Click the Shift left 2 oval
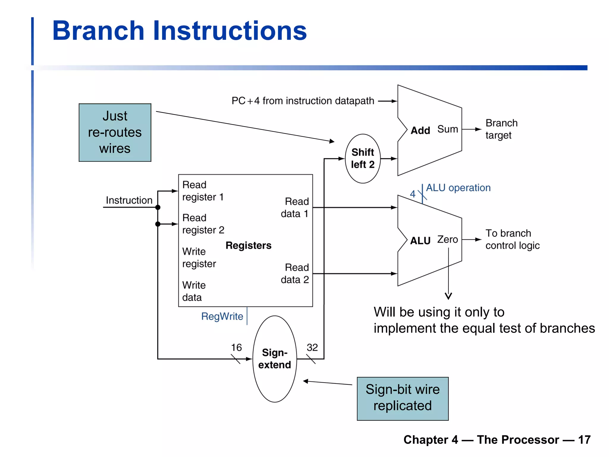click(362, 158)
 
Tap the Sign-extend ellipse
click(274, 359)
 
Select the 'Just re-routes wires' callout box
click(115, 132)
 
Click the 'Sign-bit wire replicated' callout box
click(402, 398)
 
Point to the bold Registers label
click(248, 245)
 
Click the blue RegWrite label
click(222, 316)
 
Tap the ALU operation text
click(458, 188)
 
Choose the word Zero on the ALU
click(447, 240)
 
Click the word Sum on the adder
click(447, 129)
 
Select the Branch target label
click(501, 129)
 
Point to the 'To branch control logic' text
click(512, 240)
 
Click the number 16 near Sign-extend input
click(236, 348)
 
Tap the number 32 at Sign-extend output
click(312, 348)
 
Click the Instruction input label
click(129, 200)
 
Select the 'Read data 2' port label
click(295, 273)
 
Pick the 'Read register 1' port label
click(203, 191)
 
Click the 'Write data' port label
click(194, 291)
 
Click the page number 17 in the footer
click(584, 440)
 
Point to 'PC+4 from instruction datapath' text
click(302, 101)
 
